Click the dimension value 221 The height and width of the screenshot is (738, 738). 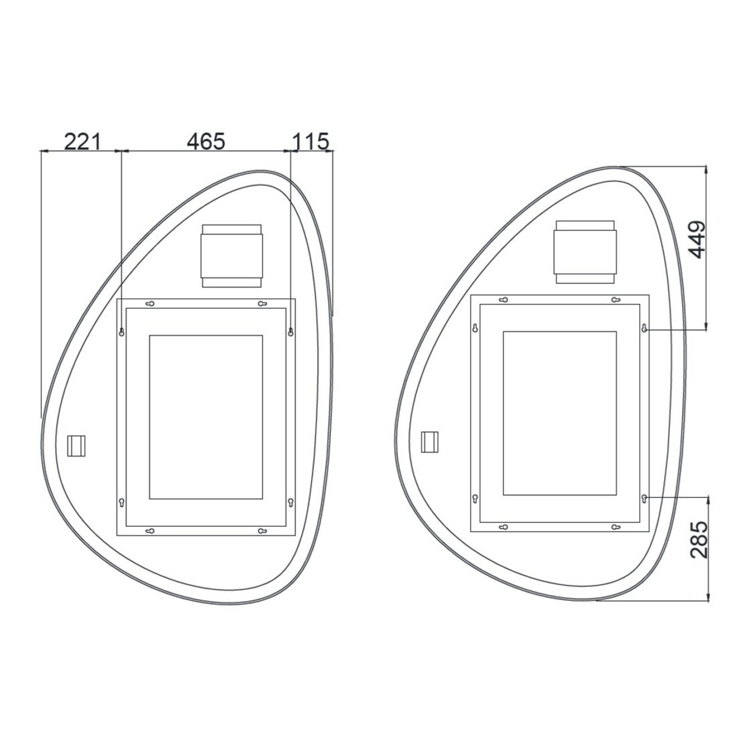(x=82, y=141)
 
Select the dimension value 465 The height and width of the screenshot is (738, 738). (x=206, y=141)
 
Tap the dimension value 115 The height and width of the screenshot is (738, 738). (x=311, y=141)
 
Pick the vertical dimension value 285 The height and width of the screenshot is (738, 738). (x=698, y=540)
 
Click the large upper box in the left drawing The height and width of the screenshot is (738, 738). (x=232, y=256)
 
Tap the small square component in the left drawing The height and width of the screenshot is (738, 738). (x=77, y=446)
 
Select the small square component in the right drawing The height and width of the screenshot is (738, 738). (x=430, y=442)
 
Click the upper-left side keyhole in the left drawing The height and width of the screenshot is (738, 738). (x=122, y=332)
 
